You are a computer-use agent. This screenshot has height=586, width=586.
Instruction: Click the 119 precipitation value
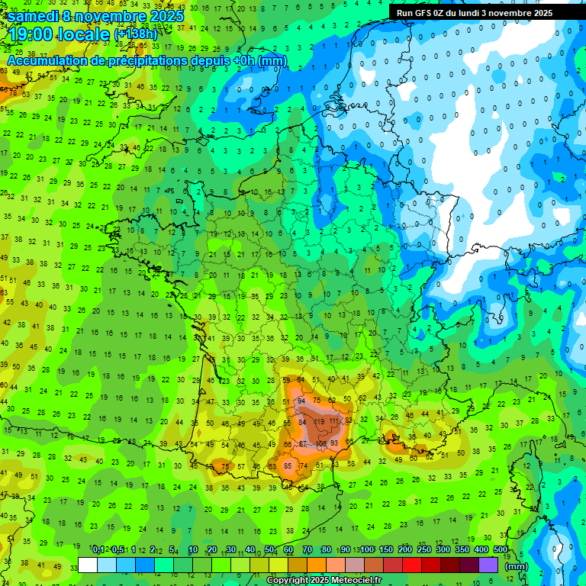(x=319, y=420)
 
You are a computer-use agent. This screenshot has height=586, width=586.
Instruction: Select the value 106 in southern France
(x=322, y=443)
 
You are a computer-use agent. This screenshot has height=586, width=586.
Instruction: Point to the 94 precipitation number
(x=302, y=401)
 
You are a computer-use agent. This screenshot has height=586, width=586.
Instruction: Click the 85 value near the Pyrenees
(x=288, y=465)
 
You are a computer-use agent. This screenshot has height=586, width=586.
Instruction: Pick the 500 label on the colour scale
(x=501, y=550)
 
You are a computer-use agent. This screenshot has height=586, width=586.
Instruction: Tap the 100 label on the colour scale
(x=367, y=550)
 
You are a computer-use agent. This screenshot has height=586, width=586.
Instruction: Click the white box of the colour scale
(x=88, y=565)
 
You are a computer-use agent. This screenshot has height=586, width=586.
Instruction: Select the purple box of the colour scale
(x=488, y=565)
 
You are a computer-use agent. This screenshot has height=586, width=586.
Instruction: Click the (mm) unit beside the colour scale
(x=517, y=566)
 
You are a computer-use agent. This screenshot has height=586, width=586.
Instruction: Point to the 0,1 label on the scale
(x=98, y=550)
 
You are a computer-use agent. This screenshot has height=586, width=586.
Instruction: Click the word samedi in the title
(x=34, y=16)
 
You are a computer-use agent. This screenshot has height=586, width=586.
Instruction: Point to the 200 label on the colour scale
(x=405, y=550)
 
